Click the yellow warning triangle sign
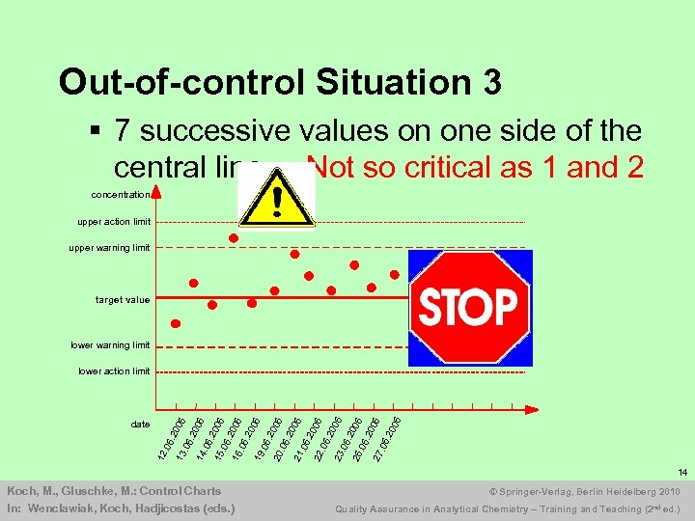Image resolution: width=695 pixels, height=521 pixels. coord(278,196)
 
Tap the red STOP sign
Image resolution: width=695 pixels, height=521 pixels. coord(469,308)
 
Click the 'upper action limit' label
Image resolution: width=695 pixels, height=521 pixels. coord(114,222)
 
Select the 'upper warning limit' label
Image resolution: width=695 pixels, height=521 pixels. coord(109,248)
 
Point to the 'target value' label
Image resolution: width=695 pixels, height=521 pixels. coord(123,300)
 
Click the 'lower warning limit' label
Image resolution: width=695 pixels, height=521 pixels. coord(110,345)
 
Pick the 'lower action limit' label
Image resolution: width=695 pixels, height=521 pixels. coord(114,371)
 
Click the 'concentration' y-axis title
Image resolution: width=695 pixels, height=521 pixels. coord(121,195)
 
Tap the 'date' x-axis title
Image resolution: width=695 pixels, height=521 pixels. coord(140,425)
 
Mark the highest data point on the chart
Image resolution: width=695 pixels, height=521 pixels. coord(233,237)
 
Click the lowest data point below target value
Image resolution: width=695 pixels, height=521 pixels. coord(175,324)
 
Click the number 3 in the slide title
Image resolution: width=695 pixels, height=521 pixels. coord(491,83)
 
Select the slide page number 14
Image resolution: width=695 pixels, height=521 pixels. coord(681,473)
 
